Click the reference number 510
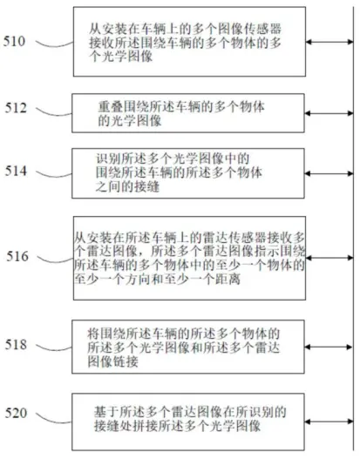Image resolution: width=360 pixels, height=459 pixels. click(x=14, y=41)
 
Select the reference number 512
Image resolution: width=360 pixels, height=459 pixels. click(x=16, y=108)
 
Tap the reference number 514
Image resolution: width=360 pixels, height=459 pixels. click(x=16, y=171)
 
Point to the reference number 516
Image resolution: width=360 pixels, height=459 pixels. click(x=17, y=256)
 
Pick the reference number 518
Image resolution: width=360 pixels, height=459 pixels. click(x=16, y=345)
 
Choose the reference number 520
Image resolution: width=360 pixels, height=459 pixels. click(x=16, y=413)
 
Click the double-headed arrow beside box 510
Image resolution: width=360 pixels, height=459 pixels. click(x=329, y=42)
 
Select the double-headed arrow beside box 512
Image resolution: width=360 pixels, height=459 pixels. click(x=329, y=113)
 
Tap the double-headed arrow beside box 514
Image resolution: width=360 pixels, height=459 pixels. click(x=329, y=173)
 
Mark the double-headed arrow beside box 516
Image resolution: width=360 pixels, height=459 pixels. click(x=329, y=258)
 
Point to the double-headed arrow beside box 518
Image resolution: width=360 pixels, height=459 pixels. click(x=329, y=347)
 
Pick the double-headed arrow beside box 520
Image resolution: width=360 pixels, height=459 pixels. click(x=329, y=422)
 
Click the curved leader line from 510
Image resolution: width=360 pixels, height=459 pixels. click(x=55, y=45)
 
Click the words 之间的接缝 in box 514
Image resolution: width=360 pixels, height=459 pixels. click(x=127, y=186)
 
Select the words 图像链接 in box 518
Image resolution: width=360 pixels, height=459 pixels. click(x=113, y=361)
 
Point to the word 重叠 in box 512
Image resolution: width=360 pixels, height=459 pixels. click(x=111, y=107)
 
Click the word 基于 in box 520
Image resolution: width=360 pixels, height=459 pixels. click(x=106, y=412)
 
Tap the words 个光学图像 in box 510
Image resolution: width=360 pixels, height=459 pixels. click(x=121, y=57)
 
